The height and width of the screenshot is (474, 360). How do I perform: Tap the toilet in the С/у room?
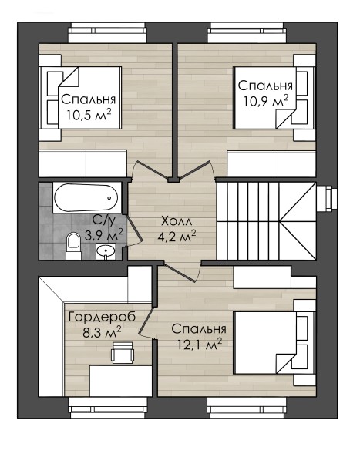click(x=72, y=245)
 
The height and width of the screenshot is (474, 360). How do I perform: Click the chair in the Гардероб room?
click(x=122, y=352)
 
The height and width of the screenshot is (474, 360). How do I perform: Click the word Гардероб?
click(x=103, y=318)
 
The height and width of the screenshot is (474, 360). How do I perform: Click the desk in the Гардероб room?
click(x=120, y=381)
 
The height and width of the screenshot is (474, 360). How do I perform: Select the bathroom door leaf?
click(x=133, y=229)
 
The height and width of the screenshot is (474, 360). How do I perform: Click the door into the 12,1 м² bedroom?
click(x=180, y=271)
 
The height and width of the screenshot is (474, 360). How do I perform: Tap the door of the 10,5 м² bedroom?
click(x=152, y=171)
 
